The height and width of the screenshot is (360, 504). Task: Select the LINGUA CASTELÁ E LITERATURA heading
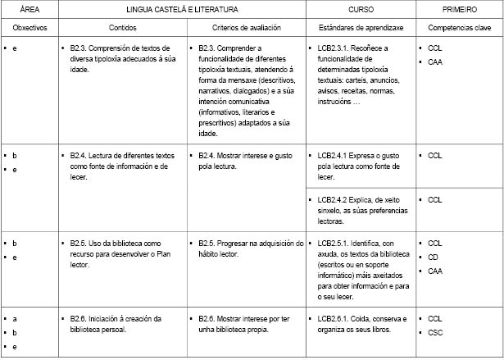pos(182,9)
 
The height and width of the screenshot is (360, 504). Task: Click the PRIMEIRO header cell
pos(459,9)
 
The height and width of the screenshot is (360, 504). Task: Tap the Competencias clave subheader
pos(459,28)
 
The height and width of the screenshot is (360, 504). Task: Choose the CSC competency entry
pos(435,332)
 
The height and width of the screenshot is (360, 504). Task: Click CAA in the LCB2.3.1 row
pos(435,62)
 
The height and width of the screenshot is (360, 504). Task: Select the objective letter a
pos(15,318)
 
